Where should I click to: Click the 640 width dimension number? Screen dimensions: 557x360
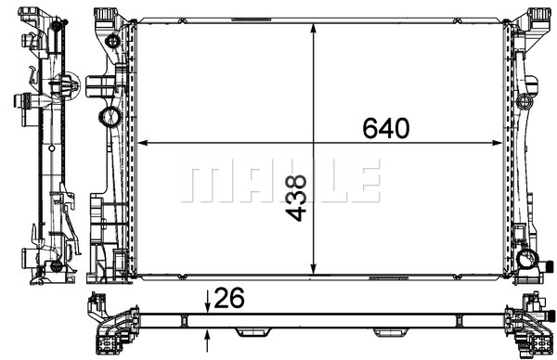[x=386, y=128]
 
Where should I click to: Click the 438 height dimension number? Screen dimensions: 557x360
[x=296, y=198]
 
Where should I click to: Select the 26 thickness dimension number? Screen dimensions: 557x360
[x=229, y=298]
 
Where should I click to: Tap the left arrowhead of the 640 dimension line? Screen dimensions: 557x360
[x=142, y=143]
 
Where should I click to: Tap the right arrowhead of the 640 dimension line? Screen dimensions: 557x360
[x=498, y=143]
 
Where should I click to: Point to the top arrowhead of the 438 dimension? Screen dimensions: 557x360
[x=314, y=29]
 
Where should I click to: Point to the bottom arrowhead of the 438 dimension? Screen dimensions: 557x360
[x=314, y=269]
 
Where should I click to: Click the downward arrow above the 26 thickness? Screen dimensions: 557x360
[x=208, y=302]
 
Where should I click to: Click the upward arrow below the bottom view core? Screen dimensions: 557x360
[x=208, y=341]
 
